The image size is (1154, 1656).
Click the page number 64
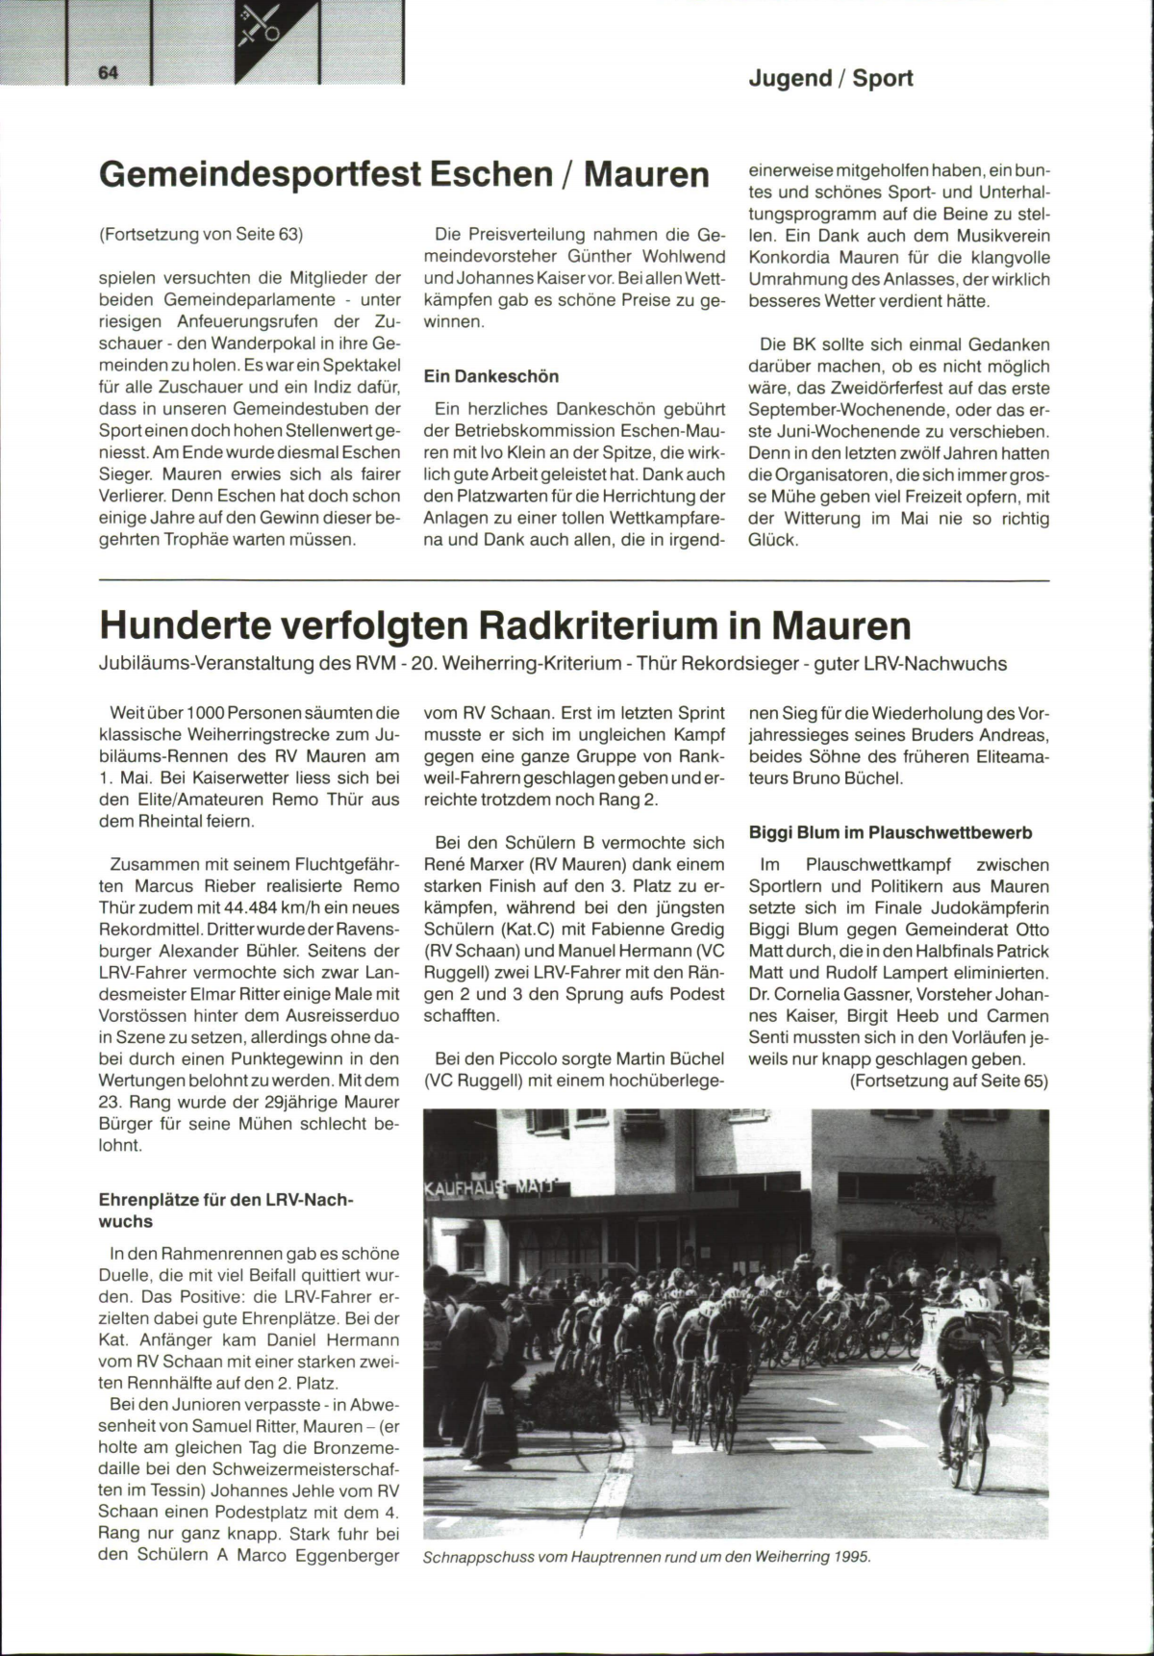pos(106,74)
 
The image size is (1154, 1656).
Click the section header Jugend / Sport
pos(831,78)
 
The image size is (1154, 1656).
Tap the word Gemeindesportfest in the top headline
pos(260,174)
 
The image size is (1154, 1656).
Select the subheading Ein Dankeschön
pos(491,375)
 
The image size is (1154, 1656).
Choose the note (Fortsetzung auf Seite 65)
pos(948,1082)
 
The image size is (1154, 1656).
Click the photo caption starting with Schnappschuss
pos(646,1584)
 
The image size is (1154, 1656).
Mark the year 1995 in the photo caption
pos(852,1584)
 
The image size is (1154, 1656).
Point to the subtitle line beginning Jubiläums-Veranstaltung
pos(552,664)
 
